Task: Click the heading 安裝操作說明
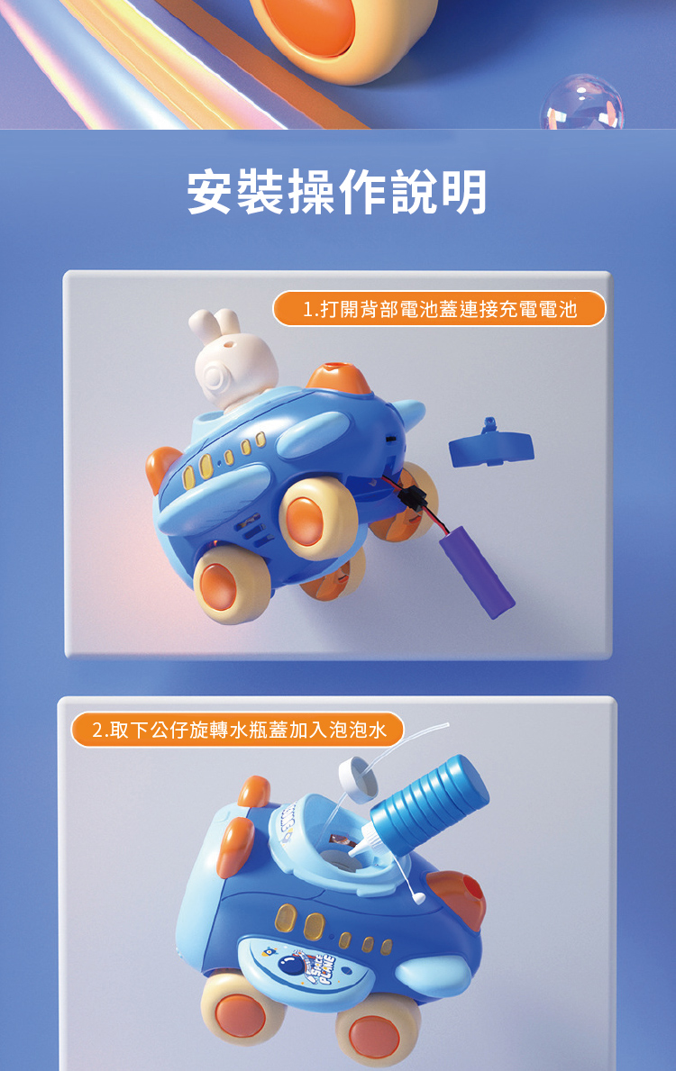337,193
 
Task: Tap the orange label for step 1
439,309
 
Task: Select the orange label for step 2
237,730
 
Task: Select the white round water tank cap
358,778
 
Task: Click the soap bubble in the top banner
582,103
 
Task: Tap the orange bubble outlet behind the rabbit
339,377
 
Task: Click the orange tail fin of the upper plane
162,467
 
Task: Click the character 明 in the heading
463,193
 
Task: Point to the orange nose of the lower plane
458,894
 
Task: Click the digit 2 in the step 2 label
97,731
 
